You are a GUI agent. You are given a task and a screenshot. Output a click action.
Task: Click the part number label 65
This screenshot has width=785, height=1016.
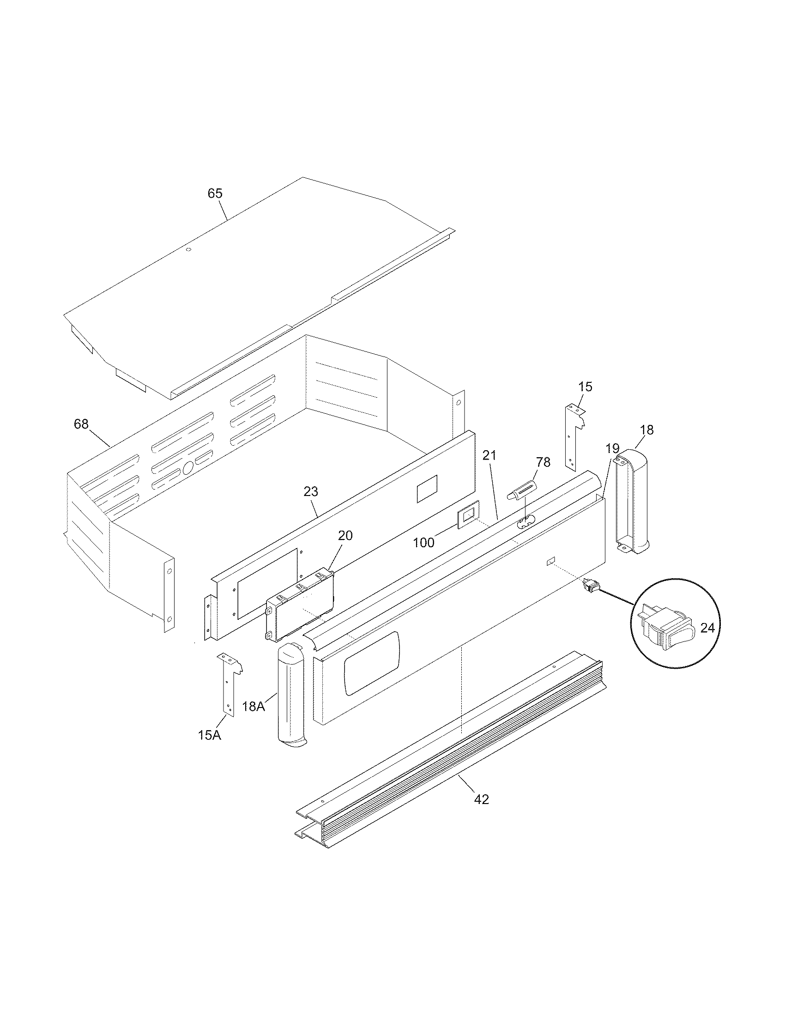click(x=215, y=193)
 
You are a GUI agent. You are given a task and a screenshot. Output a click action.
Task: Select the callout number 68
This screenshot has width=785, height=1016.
click(x=81, y=424)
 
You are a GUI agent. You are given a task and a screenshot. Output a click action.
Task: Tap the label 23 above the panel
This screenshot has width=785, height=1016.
click(x=311, y=491)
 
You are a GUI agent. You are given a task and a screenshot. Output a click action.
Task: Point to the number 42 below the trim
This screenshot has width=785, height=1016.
click(x=482, y=799)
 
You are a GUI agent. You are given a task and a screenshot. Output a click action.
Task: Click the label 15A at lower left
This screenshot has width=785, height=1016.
click(x=209, y=736)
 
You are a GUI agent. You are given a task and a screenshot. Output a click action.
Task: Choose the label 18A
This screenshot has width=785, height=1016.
click(x=254, y=707)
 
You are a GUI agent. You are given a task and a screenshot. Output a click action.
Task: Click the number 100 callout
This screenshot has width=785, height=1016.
click(x=423, y=543)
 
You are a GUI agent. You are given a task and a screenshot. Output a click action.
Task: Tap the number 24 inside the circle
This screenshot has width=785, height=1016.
click(x=707, y=628)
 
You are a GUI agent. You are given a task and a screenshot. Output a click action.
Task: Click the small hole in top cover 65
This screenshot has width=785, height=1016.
click(x=188, y=250)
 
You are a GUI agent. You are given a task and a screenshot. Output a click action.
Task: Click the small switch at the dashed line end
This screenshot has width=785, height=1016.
click(x=590, y=587)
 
